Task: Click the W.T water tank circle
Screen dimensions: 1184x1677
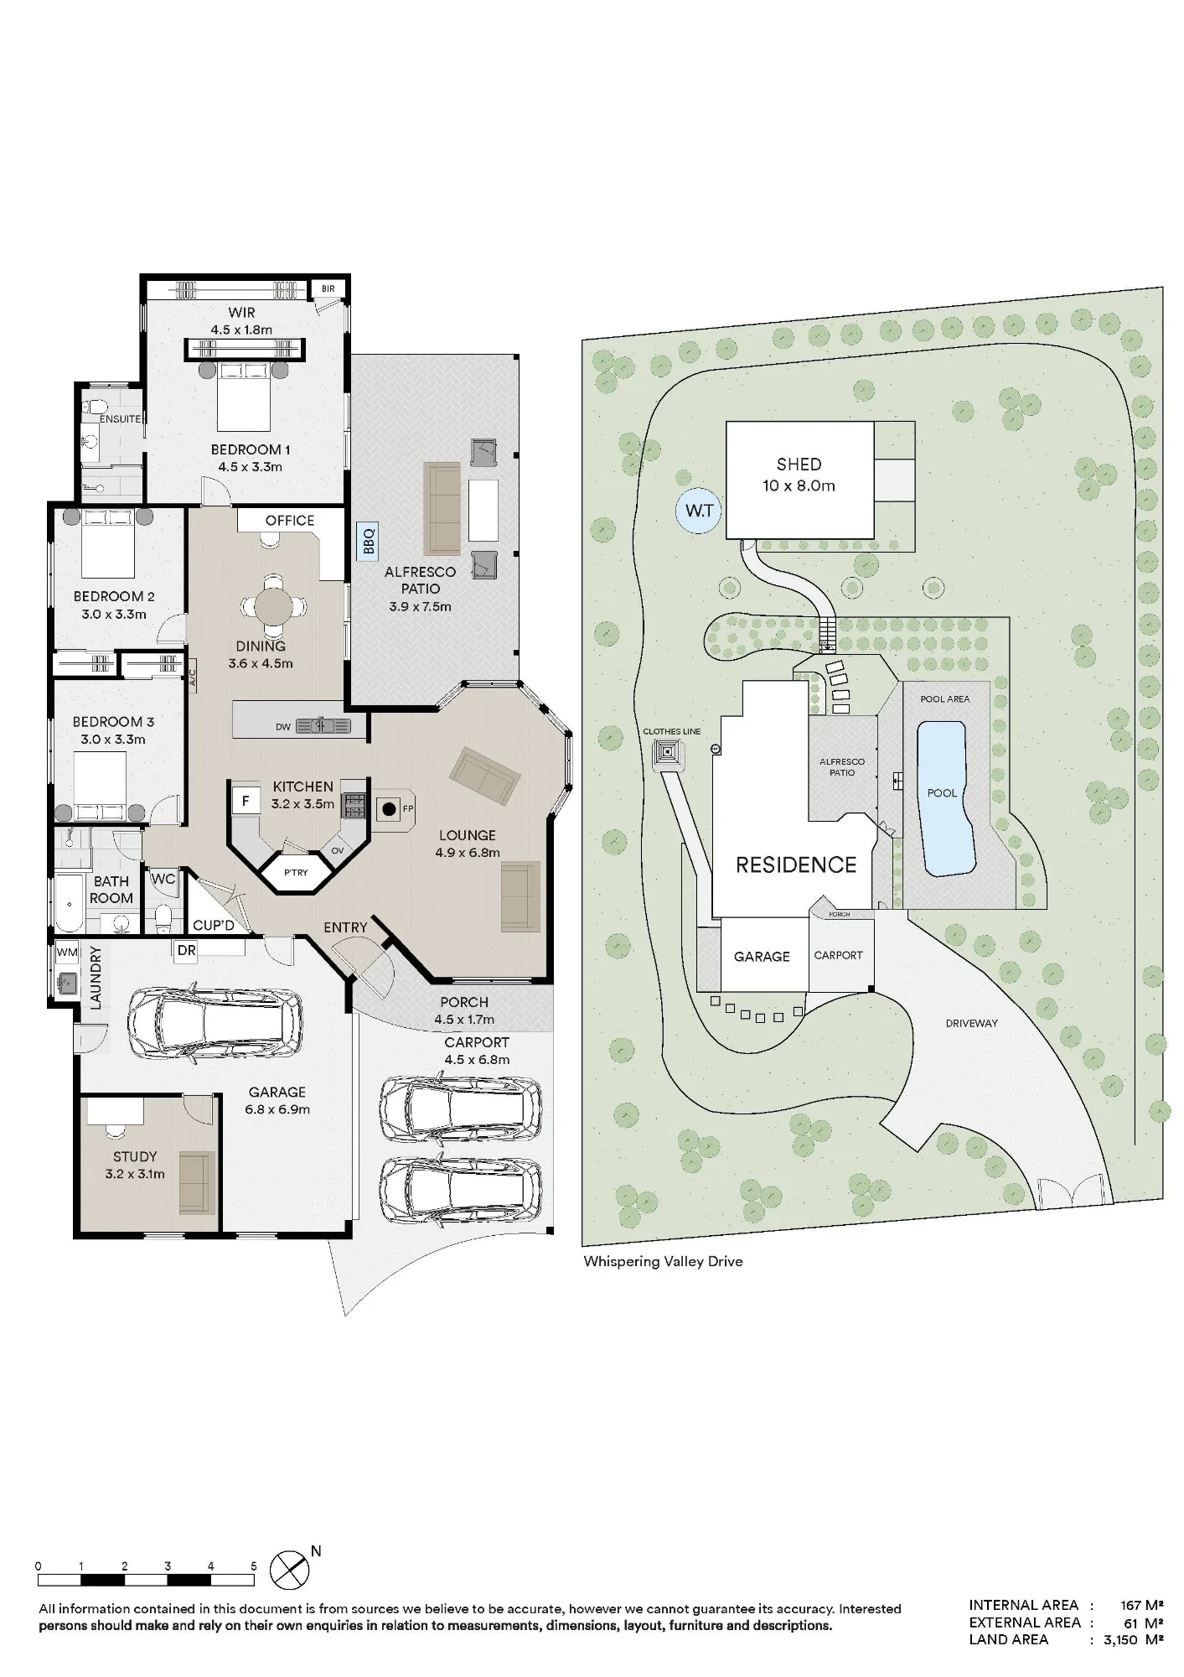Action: coord(700,511)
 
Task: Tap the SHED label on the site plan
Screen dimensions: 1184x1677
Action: coord(799,465)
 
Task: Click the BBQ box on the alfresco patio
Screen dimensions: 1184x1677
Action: coord(367,540)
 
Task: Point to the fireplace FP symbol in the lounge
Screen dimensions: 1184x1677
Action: coord(390,809)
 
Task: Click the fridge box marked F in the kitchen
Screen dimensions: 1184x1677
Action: coord(246,802)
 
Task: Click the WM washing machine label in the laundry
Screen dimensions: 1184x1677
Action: coord(67,953)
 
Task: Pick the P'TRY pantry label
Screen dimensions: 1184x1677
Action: coord(296,873)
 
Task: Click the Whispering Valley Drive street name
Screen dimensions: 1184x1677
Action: coord(663,1261)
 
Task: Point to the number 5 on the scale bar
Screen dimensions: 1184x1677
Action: coord(253,1566)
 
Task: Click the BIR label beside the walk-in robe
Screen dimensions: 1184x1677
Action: coord(328,289)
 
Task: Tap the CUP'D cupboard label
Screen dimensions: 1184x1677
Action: coord(214,926)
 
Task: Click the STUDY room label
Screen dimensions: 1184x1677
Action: coord(135,1156)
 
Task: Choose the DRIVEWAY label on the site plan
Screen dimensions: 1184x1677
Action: coord(971,1024)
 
